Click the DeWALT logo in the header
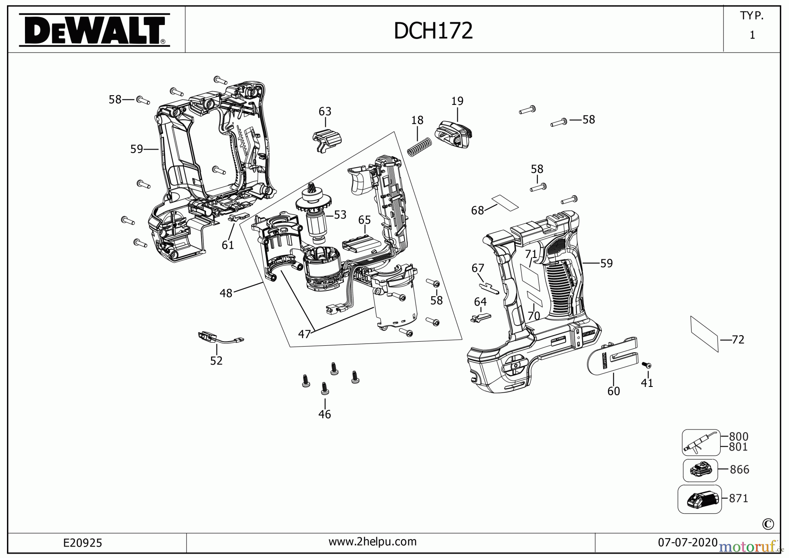94,30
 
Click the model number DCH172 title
433,31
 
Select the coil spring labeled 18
419,147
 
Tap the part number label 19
457,101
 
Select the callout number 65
364,220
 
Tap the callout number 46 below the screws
324,414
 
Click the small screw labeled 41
647,365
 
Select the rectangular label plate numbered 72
704,333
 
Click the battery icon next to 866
700,470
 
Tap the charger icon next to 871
700,499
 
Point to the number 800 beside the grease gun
739,436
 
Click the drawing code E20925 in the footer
82,543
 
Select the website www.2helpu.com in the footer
372,542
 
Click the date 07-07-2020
687,543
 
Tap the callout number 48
226,293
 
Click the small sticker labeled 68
505,202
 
